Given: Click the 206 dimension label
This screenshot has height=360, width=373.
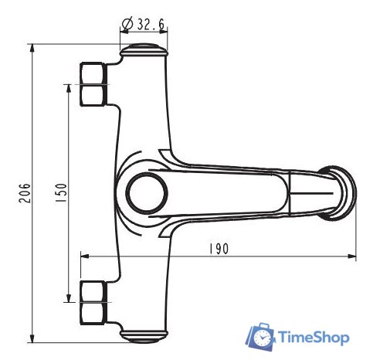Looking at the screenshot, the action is [x=25, y=193].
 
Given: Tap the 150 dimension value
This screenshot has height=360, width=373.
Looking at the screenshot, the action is [x=61, y=192].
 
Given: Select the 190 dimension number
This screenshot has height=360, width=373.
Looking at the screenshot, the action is [x=219, y=249].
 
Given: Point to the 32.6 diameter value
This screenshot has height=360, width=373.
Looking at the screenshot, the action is [x=151, y=25].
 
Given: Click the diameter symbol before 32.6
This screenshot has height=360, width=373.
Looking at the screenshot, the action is [x=127, y=25].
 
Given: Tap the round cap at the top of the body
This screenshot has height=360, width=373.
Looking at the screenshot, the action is [x=144, y=50].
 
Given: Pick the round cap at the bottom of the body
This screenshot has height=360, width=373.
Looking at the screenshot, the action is [x=144, y=336].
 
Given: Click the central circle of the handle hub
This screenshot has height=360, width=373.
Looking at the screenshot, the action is [x=147, y=193].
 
